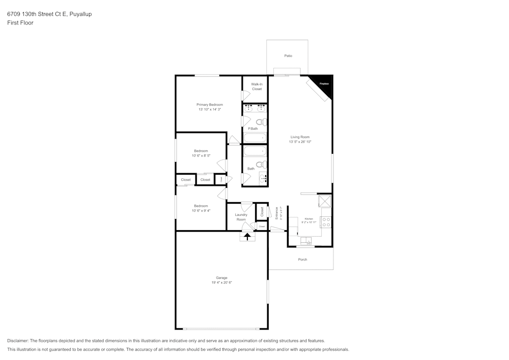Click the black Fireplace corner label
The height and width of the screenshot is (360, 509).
pyautogui.click(x=324, y=84)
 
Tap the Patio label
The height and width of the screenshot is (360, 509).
pyautogui.click(x=288, y=56)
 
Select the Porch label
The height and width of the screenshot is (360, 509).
pyautogui.click(x=302, y=260)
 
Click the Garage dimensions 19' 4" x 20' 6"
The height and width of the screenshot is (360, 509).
pyautogui.click(x=221, y=283)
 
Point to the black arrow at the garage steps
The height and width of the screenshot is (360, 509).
pyautogui.click(x=247, y=236)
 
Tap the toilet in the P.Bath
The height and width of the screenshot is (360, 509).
pyautogui.click(x=261, y=122)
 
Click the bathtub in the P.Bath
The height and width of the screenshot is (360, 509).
pyautogui.click(x=254, y=137)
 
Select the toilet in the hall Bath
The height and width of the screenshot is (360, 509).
pyautogui.click(x=261, y=164)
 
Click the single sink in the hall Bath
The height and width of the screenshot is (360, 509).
pyautogui.click(x=263, y=178)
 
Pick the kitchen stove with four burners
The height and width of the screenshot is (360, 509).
pyautogui.click(x=326, y=222)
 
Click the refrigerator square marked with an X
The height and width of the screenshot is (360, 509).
pyautogui.click(x=324, y=201)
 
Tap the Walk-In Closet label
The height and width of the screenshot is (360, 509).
pyautogui.click(x=257, y=87)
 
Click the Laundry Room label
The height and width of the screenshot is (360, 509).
pyautogui.click(x=241, y=217)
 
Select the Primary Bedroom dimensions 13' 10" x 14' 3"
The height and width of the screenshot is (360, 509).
pyautogui.click(x=210, y=109)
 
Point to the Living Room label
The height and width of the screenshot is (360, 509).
pyautogui.click(x=300, y=137)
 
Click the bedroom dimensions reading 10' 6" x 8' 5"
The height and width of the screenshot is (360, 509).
pyautogui.click(x=201, y=156)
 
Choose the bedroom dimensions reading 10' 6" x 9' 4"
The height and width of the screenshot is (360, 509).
pyautogui.click(x=201, y=210)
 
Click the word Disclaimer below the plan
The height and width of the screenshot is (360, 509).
pyautogui.click(x=17, y=341)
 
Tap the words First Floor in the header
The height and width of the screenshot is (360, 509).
pyautogui.click(x=20, y=23)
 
